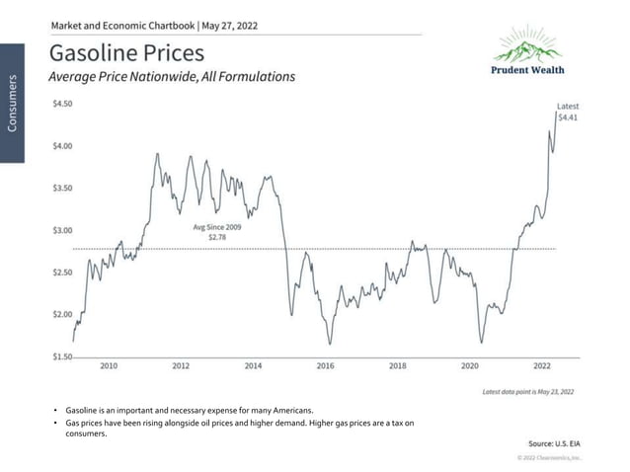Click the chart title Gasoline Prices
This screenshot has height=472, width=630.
point(126,51)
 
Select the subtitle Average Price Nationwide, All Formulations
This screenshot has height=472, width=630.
point(172,76)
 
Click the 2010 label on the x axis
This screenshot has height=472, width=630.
point(109,365)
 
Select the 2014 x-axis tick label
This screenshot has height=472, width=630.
point(253,365)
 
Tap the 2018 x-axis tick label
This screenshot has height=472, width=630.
point(397,365)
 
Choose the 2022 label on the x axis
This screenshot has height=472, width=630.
point(542,365)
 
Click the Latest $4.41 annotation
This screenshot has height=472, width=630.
point(568,112)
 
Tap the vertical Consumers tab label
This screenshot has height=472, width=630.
point(13,103)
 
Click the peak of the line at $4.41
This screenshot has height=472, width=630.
point(555,111)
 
